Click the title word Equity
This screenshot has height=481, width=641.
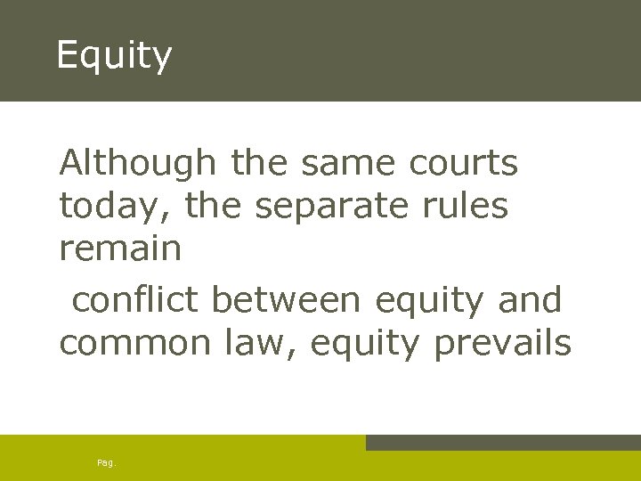click(113, 55)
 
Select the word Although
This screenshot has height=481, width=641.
click(137, 163)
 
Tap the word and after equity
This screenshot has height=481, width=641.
click(530, 300)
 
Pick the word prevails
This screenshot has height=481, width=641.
click(502, 343)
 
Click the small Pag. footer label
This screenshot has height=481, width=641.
click(106, 463)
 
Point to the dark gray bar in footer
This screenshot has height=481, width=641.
click(503, 443)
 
